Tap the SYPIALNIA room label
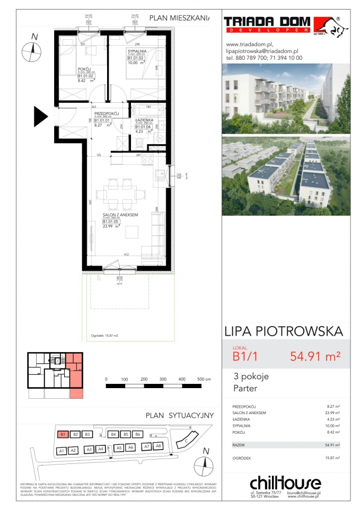tap(136, 51)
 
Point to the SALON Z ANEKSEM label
tap(120, 215)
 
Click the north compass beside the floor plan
tap(32, 51)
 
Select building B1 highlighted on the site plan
tap(63, 434)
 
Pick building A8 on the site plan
tap(158, 446)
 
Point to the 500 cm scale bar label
tap(204, 380)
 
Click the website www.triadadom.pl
tap(249, 45)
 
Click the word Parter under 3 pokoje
tap(244, 389)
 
